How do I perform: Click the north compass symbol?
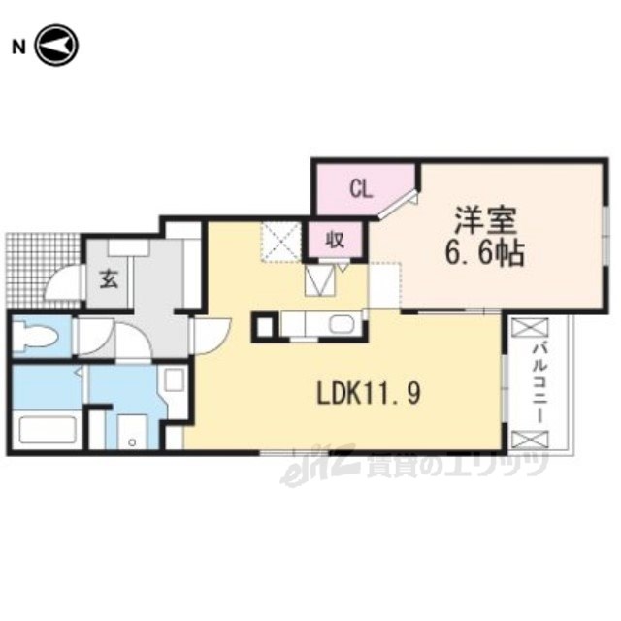point(57,46)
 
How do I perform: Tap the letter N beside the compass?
point(18,48)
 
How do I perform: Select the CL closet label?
point(361,190)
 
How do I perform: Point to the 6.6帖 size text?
point(485,252)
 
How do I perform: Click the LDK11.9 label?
point(368,393)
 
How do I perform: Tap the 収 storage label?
point(335,241)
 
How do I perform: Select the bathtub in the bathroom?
point(46,430)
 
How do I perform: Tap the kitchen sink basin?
point(342,325)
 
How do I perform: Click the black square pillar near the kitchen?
point(264,327)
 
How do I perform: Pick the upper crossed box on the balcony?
point(530,328)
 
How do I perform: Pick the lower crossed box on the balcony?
point(530,440)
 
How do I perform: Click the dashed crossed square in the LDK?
point(280,242)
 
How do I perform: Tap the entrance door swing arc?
point(61,282)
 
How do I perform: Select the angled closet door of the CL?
point(398,204)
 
